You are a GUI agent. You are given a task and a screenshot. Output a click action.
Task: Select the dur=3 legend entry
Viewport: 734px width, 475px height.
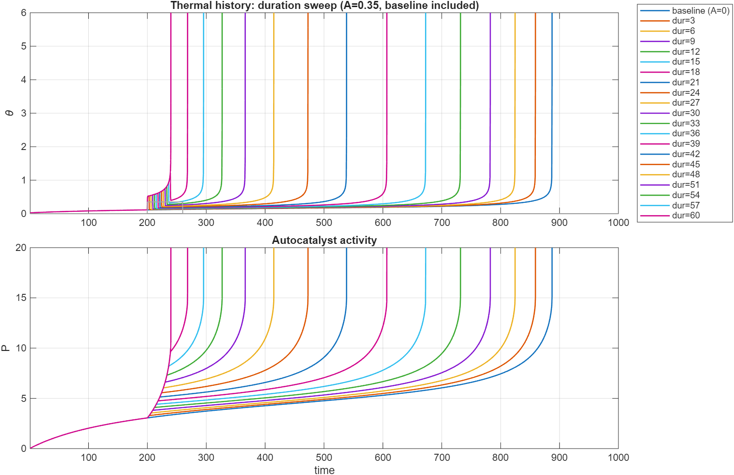pos(683,21)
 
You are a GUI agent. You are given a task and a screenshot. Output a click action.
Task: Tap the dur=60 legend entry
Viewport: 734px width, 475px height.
pos(685,216)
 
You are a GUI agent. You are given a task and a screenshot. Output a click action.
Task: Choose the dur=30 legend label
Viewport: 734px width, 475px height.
pos(685,113)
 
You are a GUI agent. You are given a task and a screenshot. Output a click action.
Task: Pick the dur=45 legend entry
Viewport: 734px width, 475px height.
pos(685,165)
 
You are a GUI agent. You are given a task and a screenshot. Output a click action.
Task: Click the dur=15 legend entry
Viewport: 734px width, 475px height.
pos(685,62)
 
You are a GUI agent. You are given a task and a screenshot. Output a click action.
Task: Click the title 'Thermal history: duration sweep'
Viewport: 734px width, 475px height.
pos(324,6)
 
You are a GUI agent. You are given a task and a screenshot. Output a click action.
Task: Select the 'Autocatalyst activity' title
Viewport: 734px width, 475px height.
pos(324,241)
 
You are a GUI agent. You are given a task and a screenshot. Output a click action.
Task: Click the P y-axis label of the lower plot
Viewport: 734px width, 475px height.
pos(6,348)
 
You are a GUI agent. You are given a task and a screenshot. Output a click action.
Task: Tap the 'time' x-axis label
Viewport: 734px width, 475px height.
pos(324,470)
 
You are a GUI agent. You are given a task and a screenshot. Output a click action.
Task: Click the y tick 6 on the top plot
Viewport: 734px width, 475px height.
pos(23,13)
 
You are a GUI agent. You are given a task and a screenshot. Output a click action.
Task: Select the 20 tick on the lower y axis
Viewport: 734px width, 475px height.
pos(21,248)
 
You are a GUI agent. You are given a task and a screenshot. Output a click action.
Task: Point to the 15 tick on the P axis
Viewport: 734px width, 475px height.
pos(21,298)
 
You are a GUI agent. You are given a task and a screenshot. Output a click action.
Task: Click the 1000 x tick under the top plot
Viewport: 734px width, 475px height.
pos(618,223)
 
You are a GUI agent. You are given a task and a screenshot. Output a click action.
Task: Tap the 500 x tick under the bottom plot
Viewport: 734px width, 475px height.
pos(324,458)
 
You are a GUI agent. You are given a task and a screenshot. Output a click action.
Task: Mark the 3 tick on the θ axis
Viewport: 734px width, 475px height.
pos(23,113)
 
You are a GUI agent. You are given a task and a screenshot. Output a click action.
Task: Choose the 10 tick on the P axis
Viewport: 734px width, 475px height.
pos(21,348)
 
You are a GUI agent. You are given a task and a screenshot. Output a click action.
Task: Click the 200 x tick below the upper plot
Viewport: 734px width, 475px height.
pos(147,223)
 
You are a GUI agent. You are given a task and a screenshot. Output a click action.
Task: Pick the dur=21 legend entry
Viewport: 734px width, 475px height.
pos(685,83)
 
